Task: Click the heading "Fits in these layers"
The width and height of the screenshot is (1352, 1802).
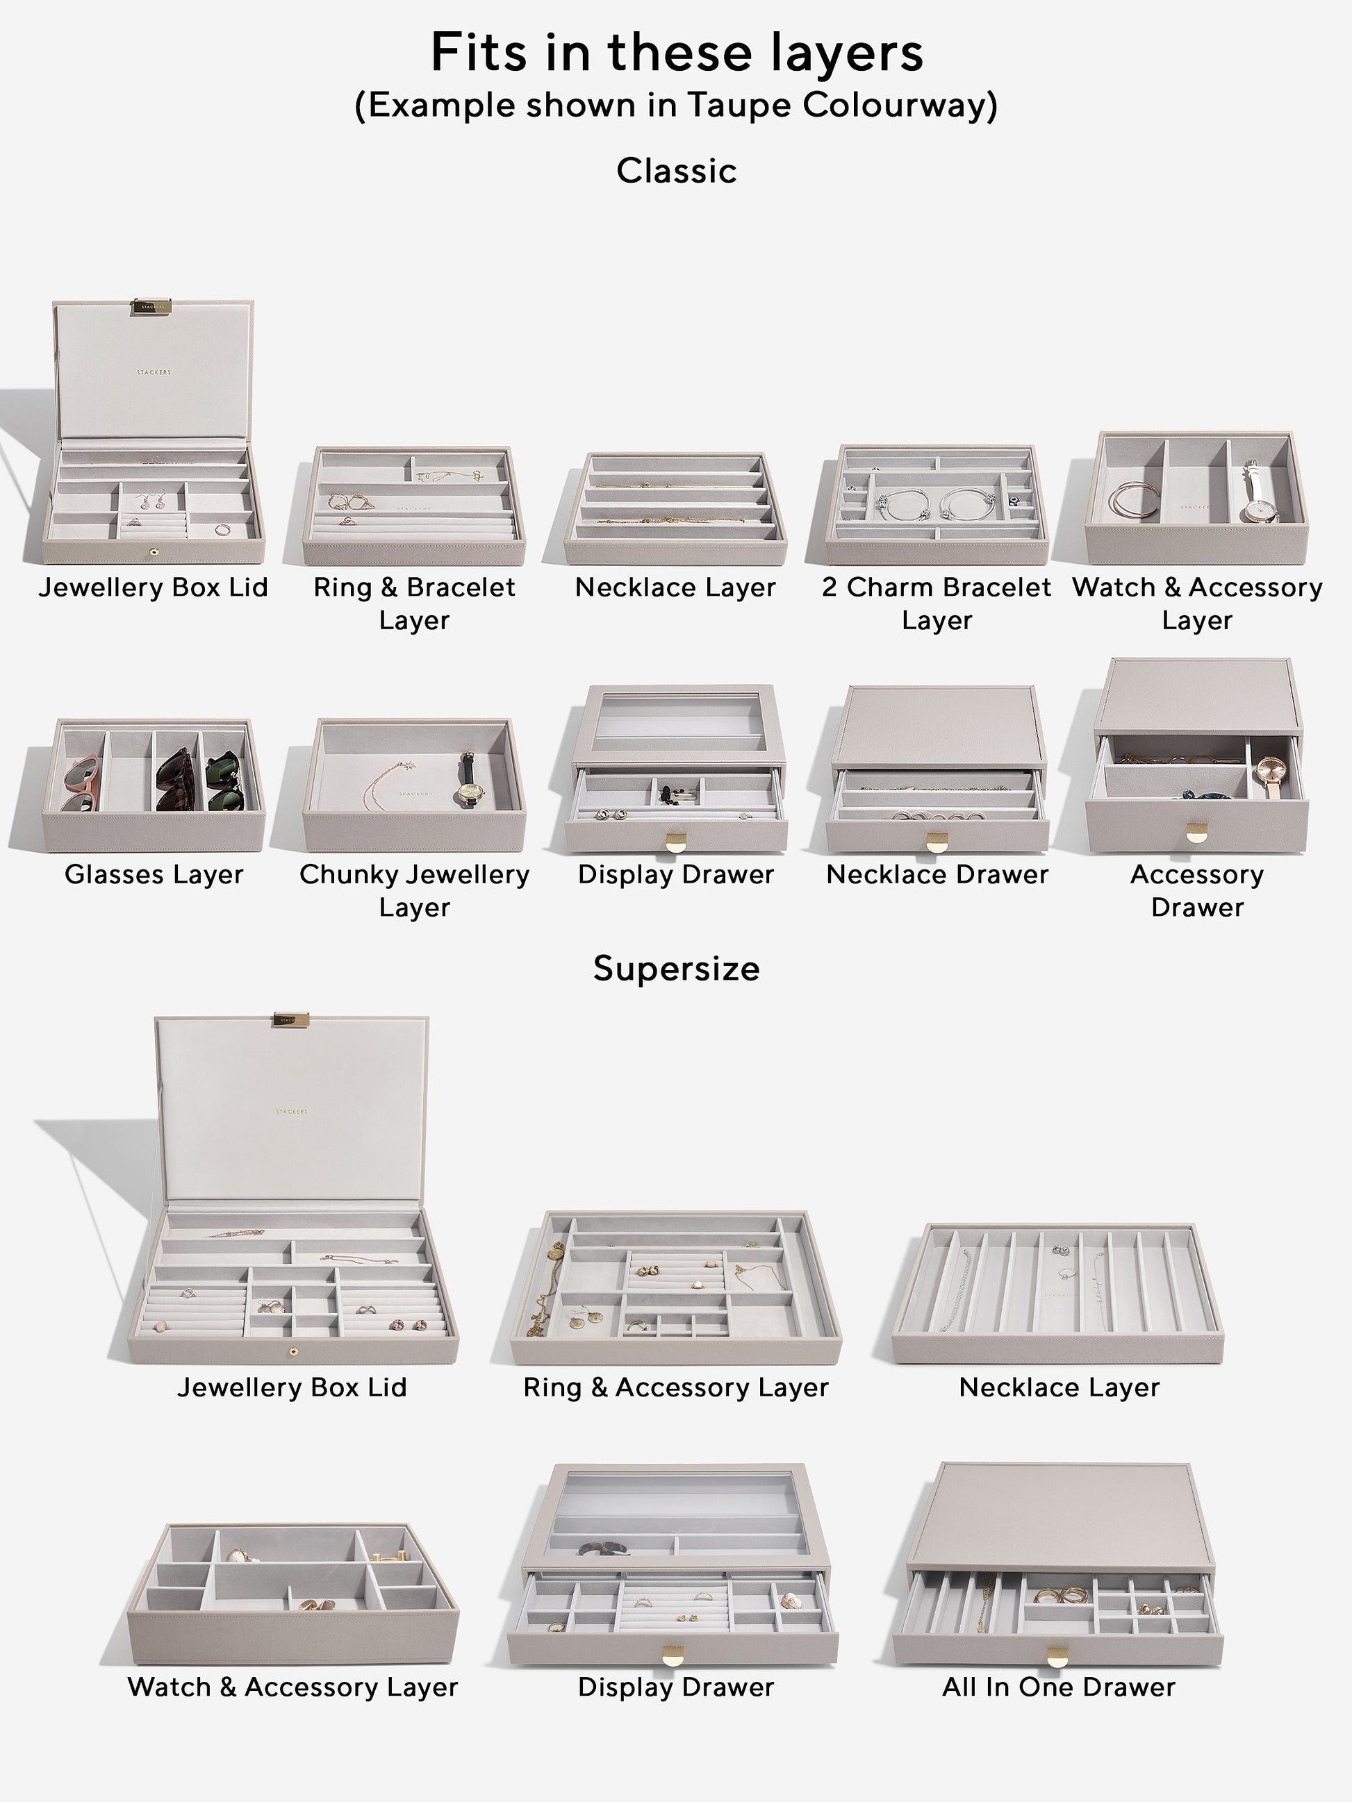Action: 677,52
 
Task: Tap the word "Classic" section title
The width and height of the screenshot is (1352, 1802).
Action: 677,171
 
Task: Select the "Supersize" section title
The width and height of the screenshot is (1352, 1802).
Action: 677,969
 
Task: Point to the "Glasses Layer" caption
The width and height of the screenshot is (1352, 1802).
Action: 154,874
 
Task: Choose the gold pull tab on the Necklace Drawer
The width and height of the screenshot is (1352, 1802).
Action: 937,842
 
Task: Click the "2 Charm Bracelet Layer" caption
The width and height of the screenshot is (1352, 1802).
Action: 937,603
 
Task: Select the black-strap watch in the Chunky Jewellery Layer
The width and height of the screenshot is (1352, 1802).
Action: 468,781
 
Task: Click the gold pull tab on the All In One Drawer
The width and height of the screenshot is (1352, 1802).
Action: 1058,1656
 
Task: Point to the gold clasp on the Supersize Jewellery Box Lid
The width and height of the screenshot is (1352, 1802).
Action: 291,1020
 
